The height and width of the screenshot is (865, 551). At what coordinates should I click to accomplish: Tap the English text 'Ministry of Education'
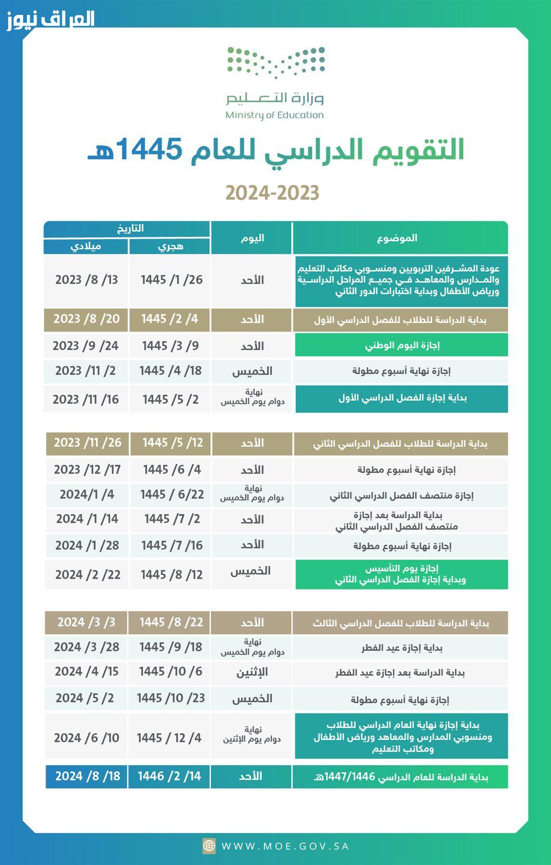point(275,115)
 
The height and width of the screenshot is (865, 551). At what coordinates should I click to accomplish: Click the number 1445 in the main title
point(148,149)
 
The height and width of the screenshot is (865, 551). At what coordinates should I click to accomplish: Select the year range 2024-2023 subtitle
point(272,193)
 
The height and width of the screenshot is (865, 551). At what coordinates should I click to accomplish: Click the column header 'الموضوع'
point(400,238)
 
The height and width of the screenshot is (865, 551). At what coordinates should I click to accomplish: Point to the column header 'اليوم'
point(251,238)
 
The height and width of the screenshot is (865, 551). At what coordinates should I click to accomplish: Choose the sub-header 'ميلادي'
point(86,247)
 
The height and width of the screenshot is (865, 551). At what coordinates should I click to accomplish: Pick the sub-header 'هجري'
point(170,247)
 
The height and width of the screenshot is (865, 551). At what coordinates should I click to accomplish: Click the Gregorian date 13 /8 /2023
point(87,280)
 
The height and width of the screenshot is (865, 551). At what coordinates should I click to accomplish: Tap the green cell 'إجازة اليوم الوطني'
point(401,345)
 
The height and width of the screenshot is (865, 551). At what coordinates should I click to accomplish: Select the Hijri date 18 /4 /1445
point(170,371)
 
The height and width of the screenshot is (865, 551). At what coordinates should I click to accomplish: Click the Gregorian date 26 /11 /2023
point(88,443)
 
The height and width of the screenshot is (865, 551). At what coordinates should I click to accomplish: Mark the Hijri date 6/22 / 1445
point(172,494)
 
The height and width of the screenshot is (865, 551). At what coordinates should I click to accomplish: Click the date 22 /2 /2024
point(88,574)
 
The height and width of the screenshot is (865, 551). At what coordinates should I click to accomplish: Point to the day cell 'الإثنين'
point(252,672)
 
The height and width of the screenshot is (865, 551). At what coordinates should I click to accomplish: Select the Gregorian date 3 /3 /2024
point(87,622)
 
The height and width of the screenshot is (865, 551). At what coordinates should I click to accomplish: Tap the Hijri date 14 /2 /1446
point(169,776)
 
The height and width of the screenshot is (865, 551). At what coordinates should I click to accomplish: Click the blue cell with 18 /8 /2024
point(87,776)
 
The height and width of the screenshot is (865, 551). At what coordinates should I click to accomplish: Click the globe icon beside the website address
point(209,846)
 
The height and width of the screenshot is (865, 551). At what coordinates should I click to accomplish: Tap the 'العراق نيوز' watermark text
point(50,20)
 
